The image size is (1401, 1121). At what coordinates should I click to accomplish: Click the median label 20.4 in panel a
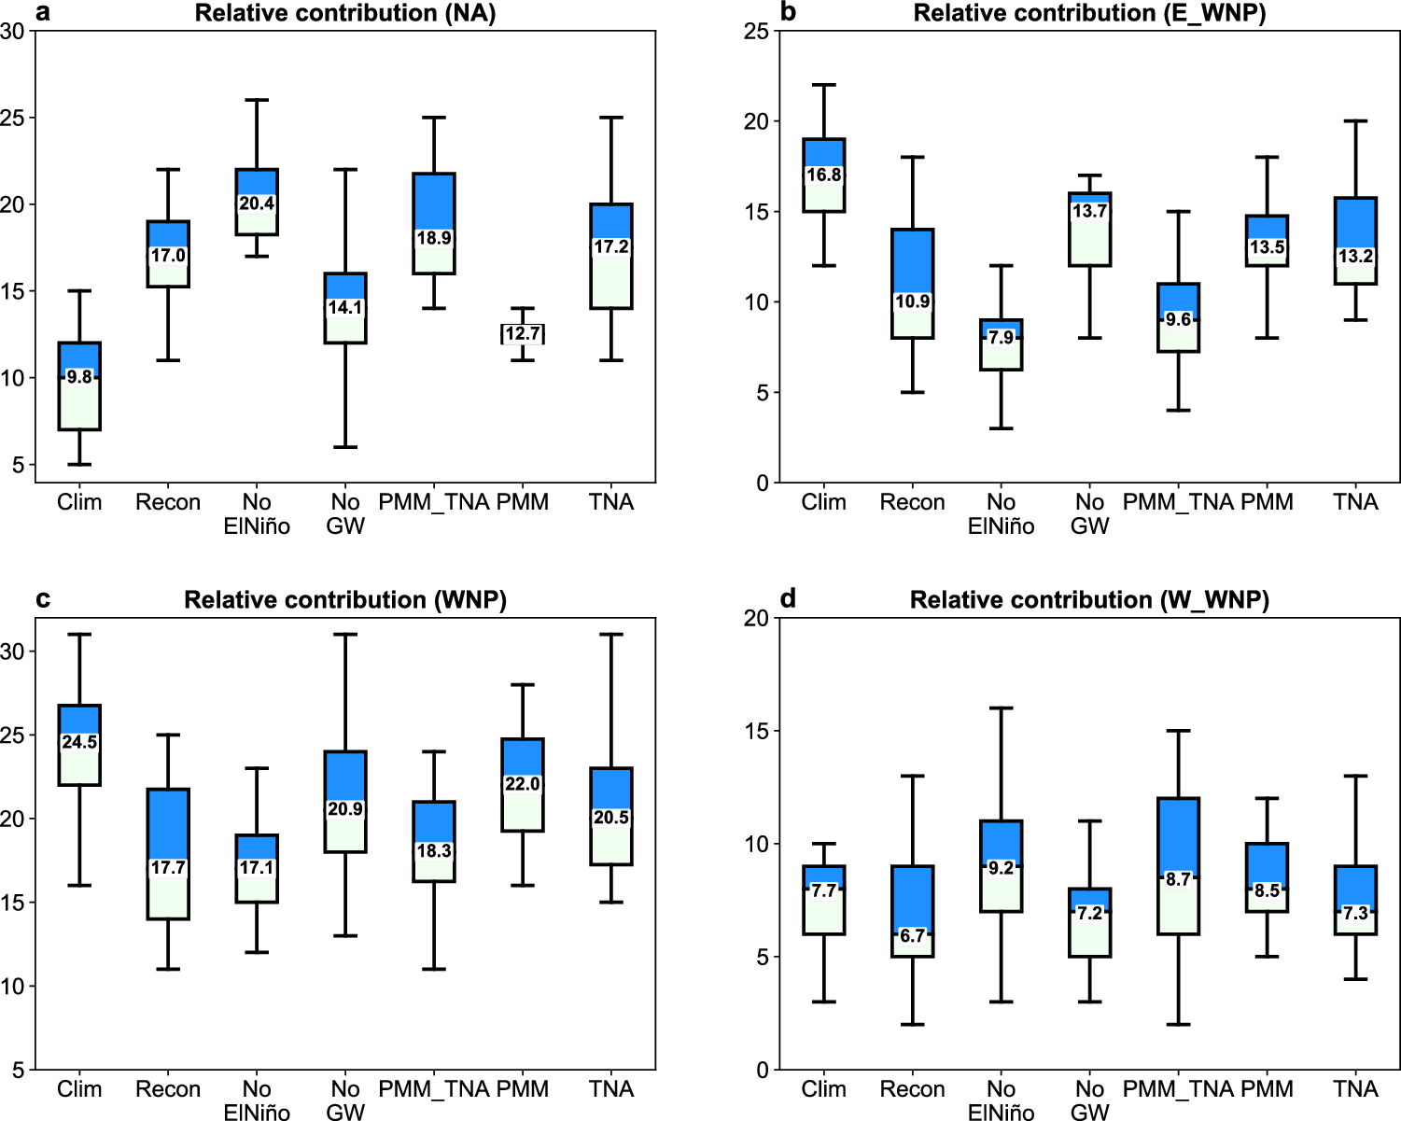257,203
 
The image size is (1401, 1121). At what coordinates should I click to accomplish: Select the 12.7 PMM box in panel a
523,333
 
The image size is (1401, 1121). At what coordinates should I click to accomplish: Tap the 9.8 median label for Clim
79,377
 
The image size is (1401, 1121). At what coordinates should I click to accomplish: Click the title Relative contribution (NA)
344,13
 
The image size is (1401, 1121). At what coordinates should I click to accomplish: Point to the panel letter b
788,12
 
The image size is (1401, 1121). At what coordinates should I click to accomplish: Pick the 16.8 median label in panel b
824,175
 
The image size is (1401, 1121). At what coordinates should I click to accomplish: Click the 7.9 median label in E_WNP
1001,338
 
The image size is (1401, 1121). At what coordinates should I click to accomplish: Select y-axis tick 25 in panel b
756,32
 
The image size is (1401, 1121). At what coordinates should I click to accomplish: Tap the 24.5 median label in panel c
79,742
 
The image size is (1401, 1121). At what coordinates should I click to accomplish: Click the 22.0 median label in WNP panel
523,784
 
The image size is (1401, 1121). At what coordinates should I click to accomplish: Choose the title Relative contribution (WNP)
344,599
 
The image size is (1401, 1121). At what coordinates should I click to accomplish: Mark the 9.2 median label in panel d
1001,867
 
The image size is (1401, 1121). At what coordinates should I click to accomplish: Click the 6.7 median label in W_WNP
912,935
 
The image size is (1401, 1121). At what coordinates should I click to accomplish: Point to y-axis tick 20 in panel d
756,618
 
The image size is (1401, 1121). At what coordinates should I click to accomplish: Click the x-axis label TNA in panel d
1355,1089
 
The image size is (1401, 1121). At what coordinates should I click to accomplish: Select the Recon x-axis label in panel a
168,502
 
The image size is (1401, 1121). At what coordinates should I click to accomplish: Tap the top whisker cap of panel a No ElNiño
257,100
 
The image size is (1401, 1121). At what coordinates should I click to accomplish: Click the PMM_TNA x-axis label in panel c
433,1089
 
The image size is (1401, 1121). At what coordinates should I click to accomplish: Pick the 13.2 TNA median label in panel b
1355,256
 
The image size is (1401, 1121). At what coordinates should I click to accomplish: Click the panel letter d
788,598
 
